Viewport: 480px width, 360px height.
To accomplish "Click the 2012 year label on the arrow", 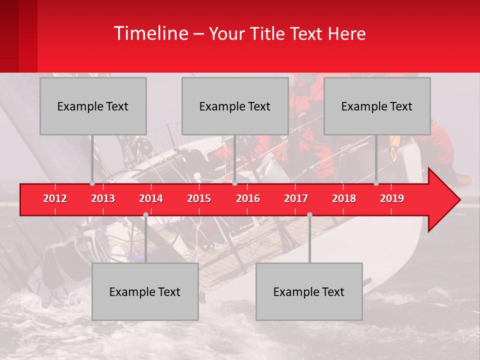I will (55, 198).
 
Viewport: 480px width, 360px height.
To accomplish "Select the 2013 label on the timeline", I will (103, 198).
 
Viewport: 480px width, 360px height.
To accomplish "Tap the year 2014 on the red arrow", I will (151, 198).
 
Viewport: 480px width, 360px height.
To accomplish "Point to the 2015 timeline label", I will (199, 198).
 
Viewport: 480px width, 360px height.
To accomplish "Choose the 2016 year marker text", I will (248, 198).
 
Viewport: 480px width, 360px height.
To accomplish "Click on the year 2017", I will (296, 198).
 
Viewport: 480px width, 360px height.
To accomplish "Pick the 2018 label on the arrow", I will (344, 198).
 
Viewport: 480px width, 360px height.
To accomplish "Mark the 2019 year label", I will (392, 198).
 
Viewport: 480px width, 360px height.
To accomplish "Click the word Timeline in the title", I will (150, 33).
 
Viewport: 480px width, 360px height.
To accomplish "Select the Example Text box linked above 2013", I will (93, 106).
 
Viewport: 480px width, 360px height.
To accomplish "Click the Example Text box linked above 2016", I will (235, 106).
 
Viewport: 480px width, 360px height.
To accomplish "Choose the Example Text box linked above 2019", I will (377, 106).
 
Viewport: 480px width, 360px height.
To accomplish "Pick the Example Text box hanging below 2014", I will (145, 291).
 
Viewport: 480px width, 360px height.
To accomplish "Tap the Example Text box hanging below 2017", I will (309, 291).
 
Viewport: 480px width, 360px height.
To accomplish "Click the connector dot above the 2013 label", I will (92, 183).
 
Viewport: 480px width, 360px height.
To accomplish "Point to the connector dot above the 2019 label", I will (376, 183).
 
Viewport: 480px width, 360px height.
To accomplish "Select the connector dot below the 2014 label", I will (145, 214).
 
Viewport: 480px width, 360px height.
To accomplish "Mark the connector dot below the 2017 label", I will (309, 214).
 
